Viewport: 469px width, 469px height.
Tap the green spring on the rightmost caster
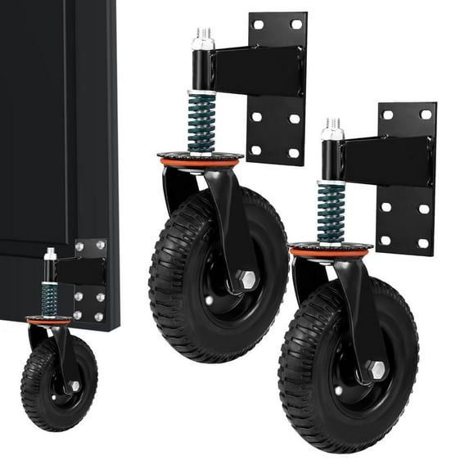[x=331, y=212]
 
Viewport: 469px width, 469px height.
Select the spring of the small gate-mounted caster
[x=49, y=299]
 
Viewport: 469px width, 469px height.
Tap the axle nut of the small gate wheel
[x=74, y=386]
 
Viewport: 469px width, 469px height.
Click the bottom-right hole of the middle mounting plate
[x=294, y=153]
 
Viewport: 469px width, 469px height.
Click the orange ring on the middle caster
[x=201, y=162]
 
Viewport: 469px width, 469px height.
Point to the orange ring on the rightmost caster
[x=331, y=252]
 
